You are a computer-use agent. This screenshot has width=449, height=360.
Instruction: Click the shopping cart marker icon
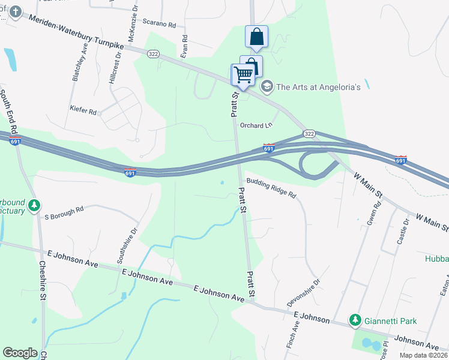243,75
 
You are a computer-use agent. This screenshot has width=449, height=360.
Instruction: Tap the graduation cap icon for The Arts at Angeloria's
267,87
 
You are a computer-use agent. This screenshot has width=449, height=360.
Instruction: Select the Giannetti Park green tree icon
355,320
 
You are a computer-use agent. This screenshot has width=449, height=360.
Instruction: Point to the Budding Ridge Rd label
271,187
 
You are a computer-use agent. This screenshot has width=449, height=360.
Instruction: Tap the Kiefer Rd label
83,112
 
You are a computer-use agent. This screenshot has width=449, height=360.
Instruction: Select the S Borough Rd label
64,212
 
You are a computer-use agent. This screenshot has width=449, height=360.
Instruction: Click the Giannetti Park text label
395,321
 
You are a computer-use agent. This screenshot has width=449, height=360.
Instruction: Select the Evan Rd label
184,46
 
